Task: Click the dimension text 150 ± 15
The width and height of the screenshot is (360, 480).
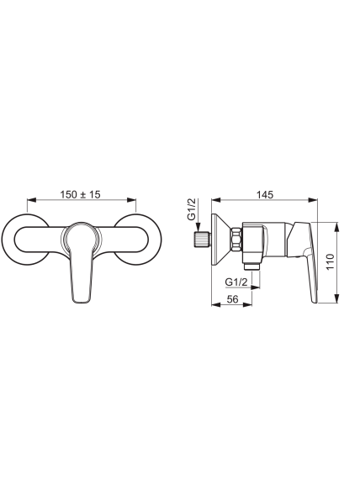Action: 80,194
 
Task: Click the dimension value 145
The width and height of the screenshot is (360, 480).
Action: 265,194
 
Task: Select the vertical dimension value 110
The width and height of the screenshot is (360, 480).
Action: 330,261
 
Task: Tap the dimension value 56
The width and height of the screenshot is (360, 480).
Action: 233,299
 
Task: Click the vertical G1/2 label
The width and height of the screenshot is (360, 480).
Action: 192,209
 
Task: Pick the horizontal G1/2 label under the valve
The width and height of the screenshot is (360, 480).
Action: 236,282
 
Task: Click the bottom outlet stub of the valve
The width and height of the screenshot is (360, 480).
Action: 252,266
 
